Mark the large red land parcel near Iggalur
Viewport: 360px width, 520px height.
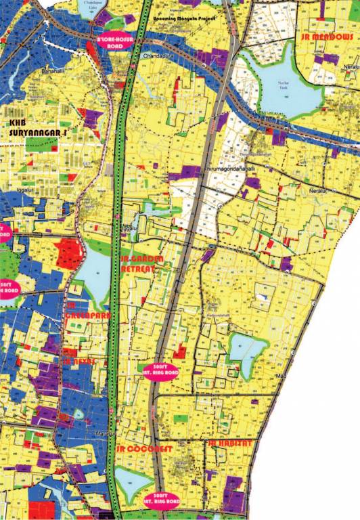70,253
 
